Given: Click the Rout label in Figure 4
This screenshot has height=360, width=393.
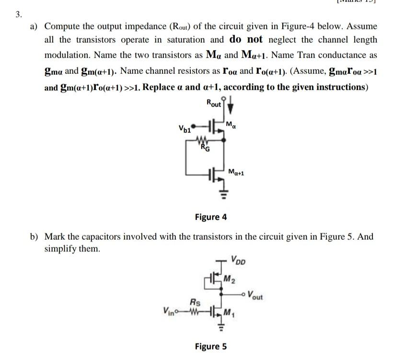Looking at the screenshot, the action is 214,103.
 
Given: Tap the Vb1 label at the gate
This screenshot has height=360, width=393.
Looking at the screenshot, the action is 184,128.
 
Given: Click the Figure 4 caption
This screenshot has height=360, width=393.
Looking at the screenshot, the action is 210,217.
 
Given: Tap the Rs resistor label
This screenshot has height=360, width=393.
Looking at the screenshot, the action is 195,302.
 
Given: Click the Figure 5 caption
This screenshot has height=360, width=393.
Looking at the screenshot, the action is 211,346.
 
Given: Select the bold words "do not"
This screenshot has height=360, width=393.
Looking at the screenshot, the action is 246,39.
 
